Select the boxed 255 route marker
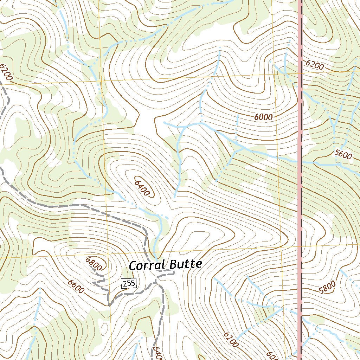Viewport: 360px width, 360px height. tap(129, 283)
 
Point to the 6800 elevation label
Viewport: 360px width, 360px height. tap(94, 263)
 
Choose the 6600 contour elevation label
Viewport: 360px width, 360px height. tap(76, 287)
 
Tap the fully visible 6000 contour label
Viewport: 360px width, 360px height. tap(263, 117)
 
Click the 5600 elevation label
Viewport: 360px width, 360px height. tap(343, 154)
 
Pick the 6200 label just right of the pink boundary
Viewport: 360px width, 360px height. tap(315, 65)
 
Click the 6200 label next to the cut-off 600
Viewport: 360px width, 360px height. tap(231, 339)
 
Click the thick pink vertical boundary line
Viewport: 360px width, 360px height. tap(300, 211)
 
